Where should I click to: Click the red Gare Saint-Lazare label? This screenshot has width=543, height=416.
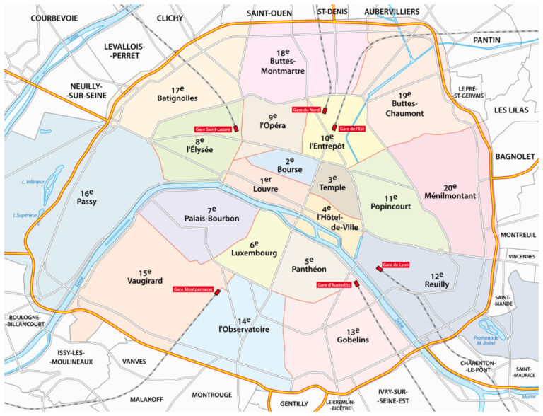213,129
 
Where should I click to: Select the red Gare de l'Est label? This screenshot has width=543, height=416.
351,129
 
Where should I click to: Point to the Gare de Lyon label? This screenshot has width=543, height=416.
395,265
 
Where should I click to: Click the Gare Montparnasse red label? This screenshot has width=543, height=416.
192,289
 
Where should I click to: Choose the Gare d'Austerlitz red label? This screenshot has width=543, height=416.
334,284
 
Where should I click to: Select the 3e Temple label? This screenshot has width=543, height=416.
332,183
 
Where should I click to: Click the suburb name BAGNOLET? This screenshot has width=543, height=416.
514,156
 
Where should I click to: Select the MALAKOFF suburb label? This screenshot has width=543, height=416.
151,398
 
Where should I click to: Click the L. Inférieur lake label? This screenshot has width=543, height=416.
33,182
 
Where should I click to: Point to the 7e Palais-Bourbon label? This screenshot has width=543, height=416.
212,214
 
